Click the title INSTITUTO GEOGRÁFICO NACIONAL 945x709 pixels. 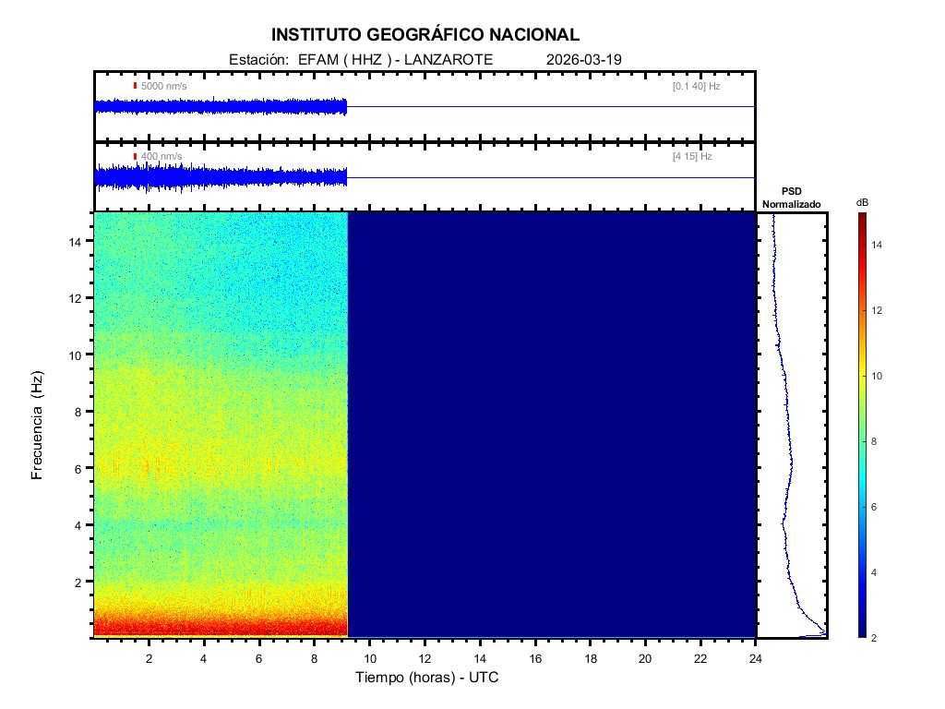(x=425, y=35)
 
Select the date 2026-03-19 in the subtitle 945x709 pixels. (x=584, y=59)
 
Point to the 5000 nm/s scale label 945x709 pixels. (x=163, y=86)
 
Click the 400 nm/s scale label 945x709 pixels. (x=161, y=157)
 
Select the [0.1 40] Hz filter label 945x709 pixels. (x=696, y=86)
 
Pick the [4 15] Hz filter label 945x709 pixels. (x=692, y=157)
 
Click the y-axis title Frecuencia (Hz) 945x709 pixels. (x=38, y=426)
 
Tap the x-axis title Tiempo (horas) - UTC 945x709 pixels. (x=427, y=678)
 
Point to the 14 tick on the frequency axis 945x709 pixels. (x=78, y=241)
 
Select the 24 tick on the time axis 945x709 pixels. (x=755, y=657)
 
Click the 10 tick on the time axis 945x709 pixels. (x=369, y=657)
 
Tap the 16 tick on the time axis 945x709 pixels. (x=534, y=657)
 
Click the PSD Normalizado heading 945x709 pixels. (x=791, y=198)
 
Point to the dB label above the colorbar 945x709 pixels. (x=862, y=202)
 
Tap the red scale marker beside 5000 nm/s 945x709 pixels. (x=135, y=86)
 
